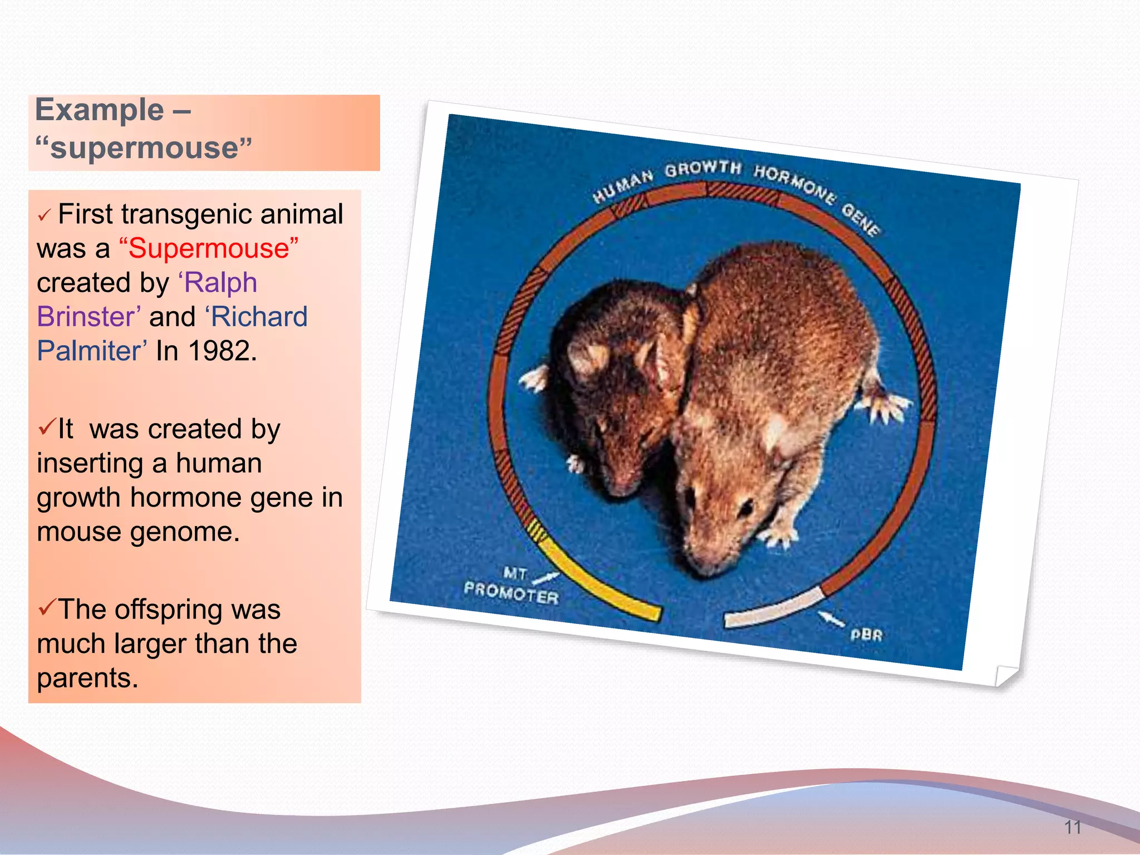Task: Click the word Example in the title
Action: pos(99,110)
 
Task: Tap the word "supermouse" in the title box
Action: pos(144,149)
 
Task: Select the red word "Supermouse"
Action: pos(209,248)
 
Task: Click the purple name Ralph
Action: pos(220,283)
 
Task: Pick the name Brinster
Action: pos(88,317)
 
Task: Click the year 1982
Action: pos(222,351)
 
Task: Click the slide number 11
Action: pos(1073,827)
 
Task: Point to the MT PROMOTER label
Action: pos(511,587)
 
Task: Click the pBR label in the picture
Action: pos(866,635)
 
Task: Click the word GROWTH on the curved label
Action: pos(703,169)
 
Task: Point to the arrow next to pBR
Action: pos(831,618)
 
